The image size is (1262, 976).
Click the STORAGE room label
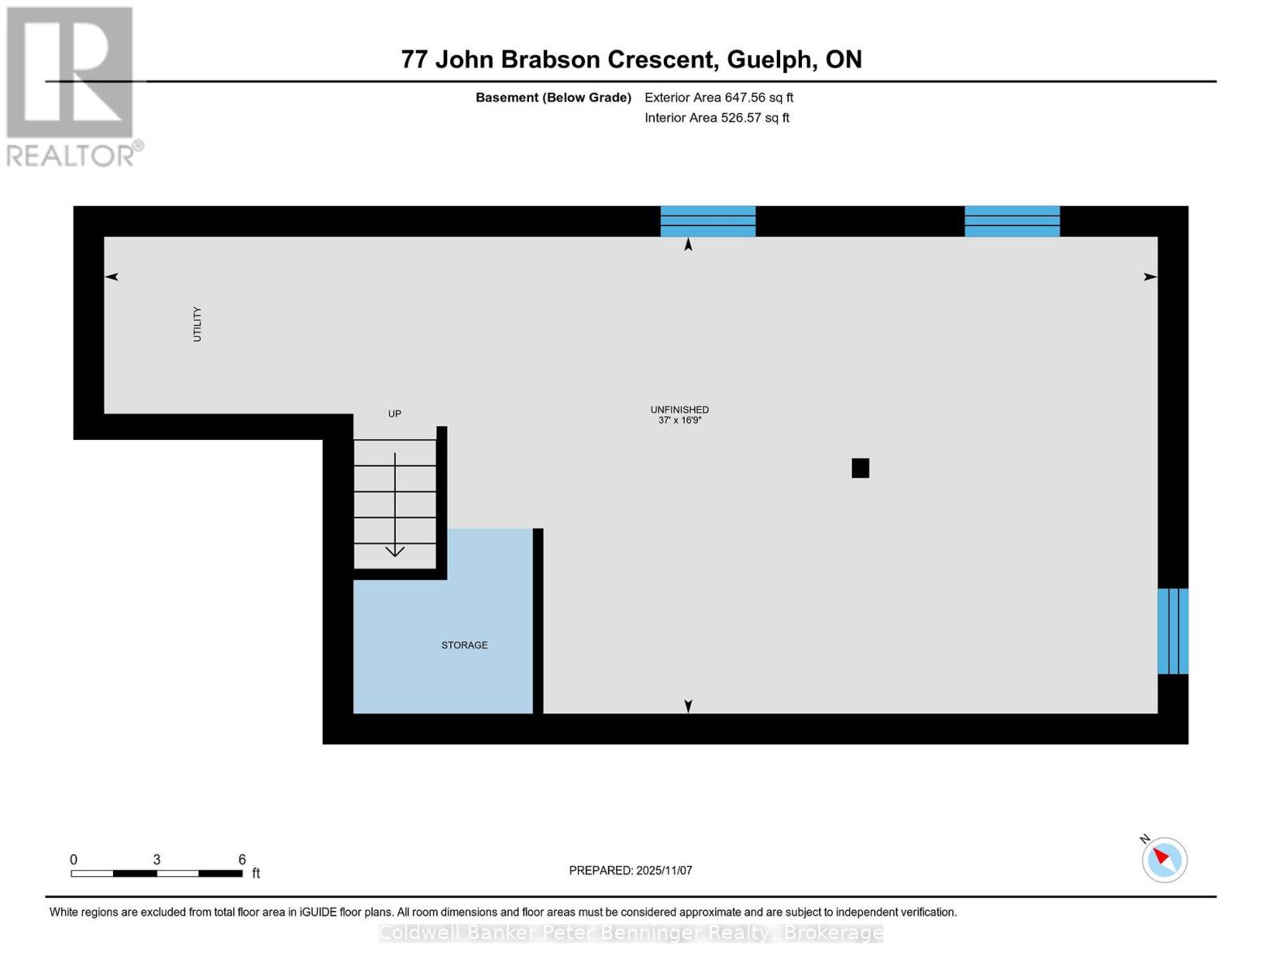[x=464, y=645]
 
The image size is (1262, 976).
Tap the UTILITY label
[x=197, y=324]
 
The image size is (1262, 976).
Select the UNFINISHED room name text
[x=679, y=410]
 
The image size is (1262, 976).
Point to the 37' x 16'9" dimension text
[x=679, y=420]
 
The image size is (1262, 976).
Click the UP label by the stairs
[x=394, y=414]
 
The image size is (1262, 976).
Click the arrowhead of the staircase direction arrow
[x=395, y=551]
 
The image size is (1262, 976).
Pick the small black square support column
[x=861, y=468]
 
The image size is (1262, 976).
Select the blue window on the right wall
[x=1173, y=631]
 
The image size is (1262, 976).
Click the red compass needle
[x=1162, y=856]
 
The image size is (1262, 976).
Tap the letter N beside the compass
[x=1145, y=839]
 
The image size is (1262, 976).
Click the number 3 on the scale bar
[x=157, y=860]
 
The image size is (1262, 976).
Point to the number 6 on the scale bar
[x=242, y=860]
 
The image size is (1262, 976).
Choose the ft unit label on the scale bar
[x=256, y=874]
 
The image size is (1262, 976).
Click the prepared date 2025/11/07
[x=664, y=870]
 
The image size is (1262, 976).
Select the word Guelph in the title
[x=769, y=59]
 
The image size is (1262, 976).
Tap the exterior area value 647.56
[x=745, y=98]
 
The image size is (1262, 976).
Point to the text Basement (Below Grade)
[x=553, y=98]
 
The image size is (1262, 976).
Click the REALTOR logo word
[x=71, y=155]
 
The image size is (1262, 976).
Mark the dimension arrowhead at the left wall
[x=111, y=277]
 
